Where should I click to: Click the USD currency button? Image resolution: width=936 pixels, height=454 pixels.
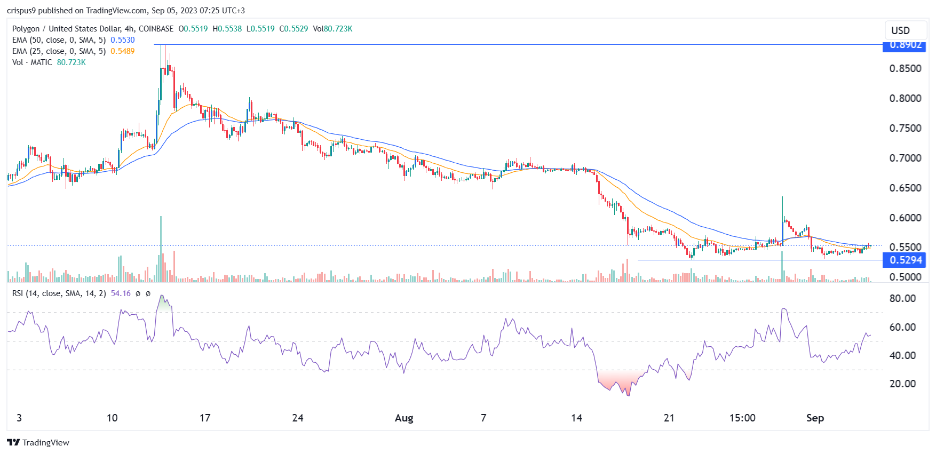click(900, 30)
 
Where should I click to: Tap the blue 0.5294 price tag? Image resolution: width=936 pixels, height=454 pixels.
click(905, 260)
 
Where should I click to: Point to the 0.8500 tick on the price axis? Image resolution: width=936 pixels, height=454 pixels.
click(905, 68)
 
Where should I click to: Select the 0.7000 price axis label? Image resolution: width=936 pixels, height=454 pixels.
click(905, 158)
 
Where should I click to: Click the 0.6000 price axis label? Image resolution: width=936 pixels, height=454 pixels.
click(905, 218)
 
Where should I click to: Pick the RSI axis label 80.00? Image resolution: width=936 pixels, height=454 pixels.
click(902, 299)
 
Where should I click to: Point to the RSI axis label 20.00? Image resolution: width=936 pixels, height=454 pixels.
click(902, 384)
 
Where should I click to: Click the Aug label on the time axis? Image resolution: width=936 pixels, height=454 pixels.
click(404, 418)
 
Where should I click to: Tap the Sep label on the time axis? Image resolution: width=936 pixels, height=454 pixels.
click(815, 418)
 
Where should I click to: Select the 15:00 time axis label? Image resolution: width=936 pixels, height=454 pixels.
click(742, 418)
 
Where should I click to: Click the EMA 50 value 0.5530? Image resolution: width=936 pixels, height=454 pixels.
click(123, 40)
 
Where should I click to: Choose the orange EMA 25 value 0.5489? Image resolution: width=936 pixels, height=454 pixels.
click(123, 51)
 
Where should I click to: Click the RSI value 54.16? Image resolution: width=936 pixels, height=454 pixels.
click(121, 293)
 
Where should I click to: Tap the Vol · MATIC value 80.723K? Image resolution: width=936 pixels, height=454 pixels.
click(72, 62)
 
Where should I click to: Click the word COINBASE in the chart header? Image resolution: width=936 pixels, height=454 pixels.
click(156, 29)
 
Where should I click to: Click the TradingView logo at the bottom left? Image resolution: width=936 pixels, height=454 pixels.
click(38, 442)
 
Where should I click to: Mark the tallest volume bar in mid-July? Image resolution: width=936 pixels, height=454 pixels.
click(161, 248)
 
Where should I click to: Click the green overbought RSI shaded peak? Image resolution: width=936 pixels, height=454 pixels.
click(163, 304)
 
